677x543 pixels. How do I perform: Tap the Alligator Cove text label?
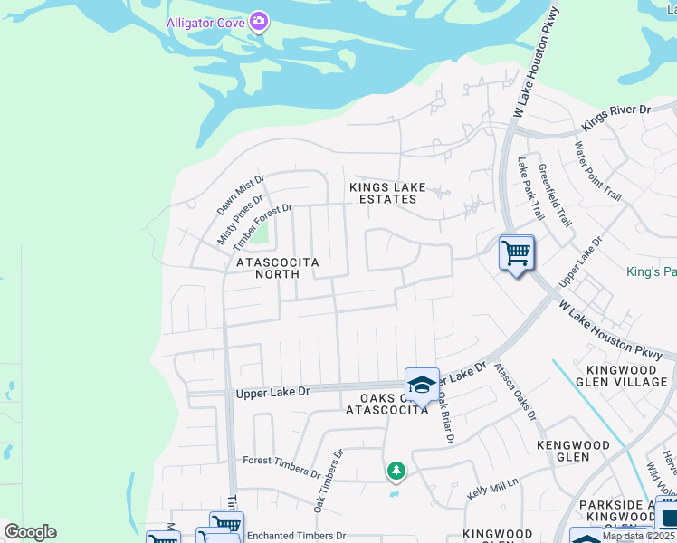pyautogui.click(x=206, y=23)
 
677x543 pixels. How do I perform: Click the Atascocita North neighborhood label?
pyautogui.click(x=278, y=267)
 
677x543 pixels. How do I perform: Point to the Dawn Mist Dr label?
pyautogui.click(x=239, y=196)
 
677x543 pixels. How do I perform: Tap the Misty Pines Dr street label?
pyautogui.click(x=240, y=220)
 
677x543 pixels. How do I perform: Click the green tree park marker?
pyautogui.click(x=396, y=471)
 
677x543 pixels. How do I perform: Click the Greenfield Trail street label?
pyautogui.click(x=554, y=195)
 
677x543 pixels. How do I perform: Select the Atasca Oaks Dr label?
pyautogui.click(x=515, y=392)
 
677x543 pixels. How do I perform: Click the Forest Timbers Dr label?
pyautogui.click(x=281, y=466)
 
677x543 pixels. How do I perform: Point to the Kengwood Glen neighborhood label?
pyautogui.click(x=573, y=451)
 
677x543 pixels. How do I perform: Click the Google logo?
pyautogui.click(x=30, y=531)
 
